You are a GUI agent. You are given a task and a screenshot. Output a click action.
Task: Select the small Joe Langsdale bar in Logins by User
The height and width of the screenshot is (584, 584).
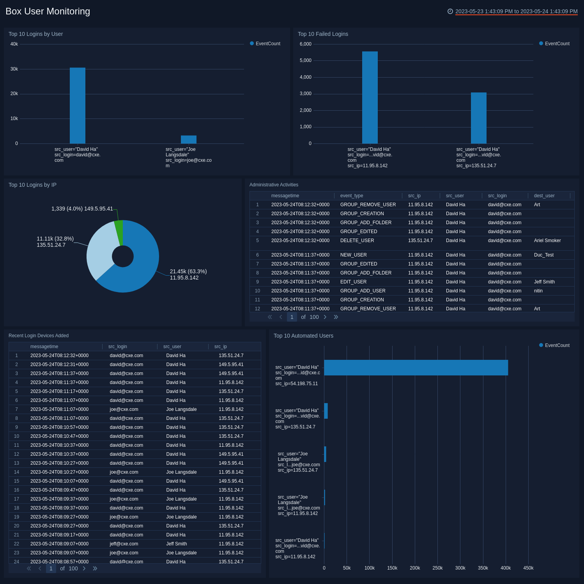(189, 140)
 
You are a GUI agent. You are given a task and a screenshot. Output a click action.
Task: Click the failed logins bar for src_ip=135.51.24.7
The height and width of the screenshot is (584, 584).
(478, 118)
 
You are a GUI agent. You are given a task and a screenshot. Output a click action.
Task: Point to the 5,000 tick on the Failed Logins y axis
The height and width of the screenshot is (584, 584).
(305, 60)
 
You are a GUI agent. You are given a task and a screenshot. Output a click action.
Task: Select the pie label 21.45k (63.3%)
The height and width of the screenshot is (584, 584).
(188, 271)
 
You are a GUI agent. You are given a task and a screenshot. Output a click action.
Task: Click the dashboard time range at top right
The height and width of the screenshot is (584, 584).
(516, 11)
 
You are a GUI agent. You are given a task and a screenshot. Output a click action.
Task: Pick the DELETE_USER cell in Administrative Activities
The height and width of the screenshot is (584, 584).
(357, 241)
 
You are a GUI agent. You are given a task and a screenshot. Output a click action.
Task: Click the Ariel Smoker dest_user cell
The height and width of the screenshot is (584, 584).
(547, 241)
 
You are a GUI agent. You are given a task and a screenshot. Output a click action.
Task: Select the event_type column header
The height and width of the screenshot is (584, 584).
(351, 196)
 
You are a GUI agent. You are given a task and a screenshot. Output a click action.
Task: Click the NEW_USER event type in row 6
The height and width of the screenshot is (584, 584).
(353, 255)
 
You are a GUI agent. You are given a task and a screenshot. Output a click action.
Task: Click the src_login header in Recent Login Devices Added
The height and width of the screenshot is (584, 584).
(117, 347)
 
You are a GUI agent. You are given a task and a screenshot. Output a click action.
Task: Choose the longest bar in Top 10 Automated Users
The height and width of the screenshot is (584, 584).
(416, 368)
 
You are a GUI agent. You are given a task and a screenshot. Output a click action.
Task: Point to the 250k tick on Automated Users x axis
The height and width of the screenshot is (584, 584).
(437, 568)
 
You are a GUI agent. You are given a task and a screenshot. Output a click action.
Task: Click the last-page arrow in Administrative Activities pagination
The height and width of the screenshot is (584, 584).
(336, 317)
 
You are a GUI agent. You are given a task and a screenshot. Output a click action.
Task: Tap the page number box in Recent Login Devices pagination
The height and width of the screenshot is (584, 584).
(51, 568)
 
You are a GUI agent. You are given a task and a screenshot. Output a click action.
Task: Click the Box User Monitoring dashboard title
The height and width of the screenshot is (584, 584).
(48, 11)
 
